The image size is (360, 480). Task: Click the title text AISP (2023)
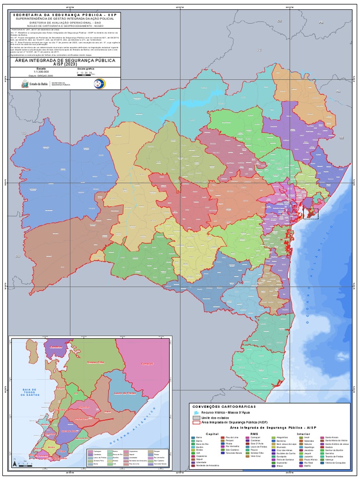tap(65, 64)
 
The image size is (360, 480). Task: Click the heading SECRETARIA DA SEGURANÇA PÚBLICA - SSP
tap(65, 15)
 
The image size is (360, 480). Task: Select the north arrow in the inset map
tap(15, 462)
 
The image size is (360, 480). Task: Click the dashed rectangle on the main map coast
tap(311, 214)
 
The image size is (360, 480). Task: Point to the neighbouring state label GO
tap(18, 256)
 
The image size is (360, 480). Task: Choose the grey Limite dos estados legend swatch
tap(196, 417)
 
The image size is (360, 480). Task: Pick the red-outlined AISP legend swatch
tap(196, 422)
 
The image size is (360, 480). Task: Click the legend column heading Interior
tap(303, 434)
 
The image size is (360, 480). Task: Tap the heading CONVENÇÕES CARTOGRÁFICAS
tap(223, 406)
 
